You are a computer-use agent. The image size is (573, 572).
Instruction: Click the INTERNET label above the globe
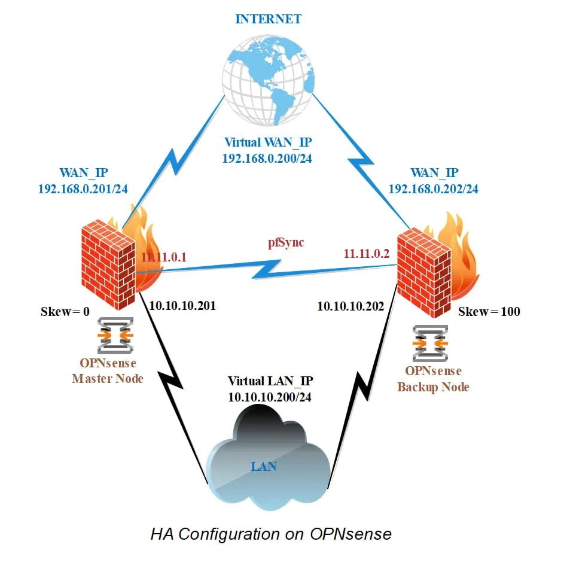pyautogui.click(x=268, y=19)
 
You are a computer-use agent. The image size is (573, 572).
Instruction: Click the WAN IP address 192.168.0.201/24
pyautogui.click(x=83, y=189)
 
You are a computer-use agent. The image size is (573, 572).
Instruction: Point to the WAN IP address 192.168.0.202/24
pyautogui.click(x=434, y=189)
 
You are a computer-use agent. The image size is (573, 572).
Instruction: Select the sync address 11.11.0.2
pyautogui.click(x=366, y=254)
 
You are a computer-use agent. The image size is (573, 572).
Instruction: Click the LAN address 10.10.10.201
pyautogui.click(x=182, y=306)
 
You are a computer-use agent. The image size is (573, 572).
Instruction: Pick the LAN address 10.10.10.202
pyautogui.click(x=350, y=306)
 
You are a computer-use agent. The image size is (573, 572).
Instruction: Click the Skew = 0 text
pyautogui.click(x=64, y=312)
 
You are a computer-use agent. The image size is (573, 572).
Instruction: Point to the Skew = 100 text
pyautogui.click(x=489, y=312)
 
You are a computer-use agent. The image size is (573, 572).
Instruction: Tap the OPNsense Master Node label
pyautogui.click(x=108, y=371)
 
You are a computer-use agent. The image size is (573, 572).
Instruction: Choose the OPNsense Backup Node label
pyautogui.click(x=433, y=379)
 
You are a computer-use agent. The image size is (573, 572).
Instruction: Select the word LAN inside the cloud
pyautogui.click(x=263, y=466)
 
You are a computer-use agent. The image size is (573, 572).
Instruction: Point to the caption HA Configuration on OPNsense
pyautogui.click(x=271, y=534)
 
